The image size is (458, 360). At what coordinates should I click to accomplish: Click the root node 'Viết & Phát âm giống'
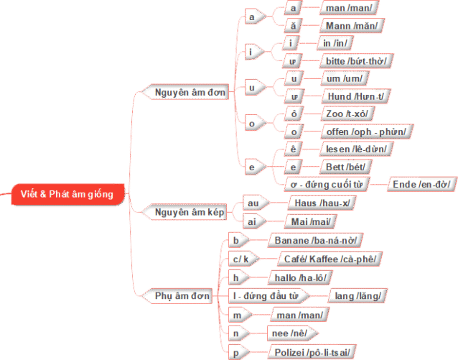tap(67, 194)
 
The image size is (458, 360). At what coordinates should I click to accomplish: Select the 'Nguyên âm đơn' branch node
tap(190, 92)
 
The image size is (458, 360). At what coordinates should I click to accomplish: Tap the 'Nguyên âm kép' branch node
tap(190, 211)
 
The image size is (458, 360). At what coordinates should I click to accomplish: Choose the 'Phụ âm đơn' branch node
tap(183, 295)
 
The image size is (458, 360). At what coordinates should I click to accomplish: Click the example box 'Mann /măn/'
tap(351, 26)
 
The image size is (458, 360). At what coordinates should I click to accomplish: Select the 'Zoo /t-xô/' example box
tap(350, 114)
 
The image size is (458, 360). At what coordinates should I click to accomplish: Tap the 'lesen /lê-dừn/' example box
tap(356, 149)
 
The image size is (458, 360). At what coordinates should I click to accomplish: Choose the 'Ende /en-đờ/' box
tap(420, 184)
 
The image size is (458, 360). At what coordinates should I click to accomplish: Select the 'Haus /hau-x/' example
tap(321, 203)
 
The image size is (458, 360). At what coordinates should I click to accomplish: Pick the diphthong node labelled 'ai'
tap(253, 221)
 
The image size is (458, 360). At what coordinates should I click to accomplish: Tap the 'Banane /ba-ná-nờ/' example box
tap(315, 240)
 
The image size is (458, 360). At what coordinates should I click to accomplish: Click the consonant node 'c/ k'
tap(240, 259)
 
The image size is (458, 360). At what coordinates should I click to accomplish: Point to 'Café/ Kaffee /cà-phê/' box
tap(330, 259)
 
